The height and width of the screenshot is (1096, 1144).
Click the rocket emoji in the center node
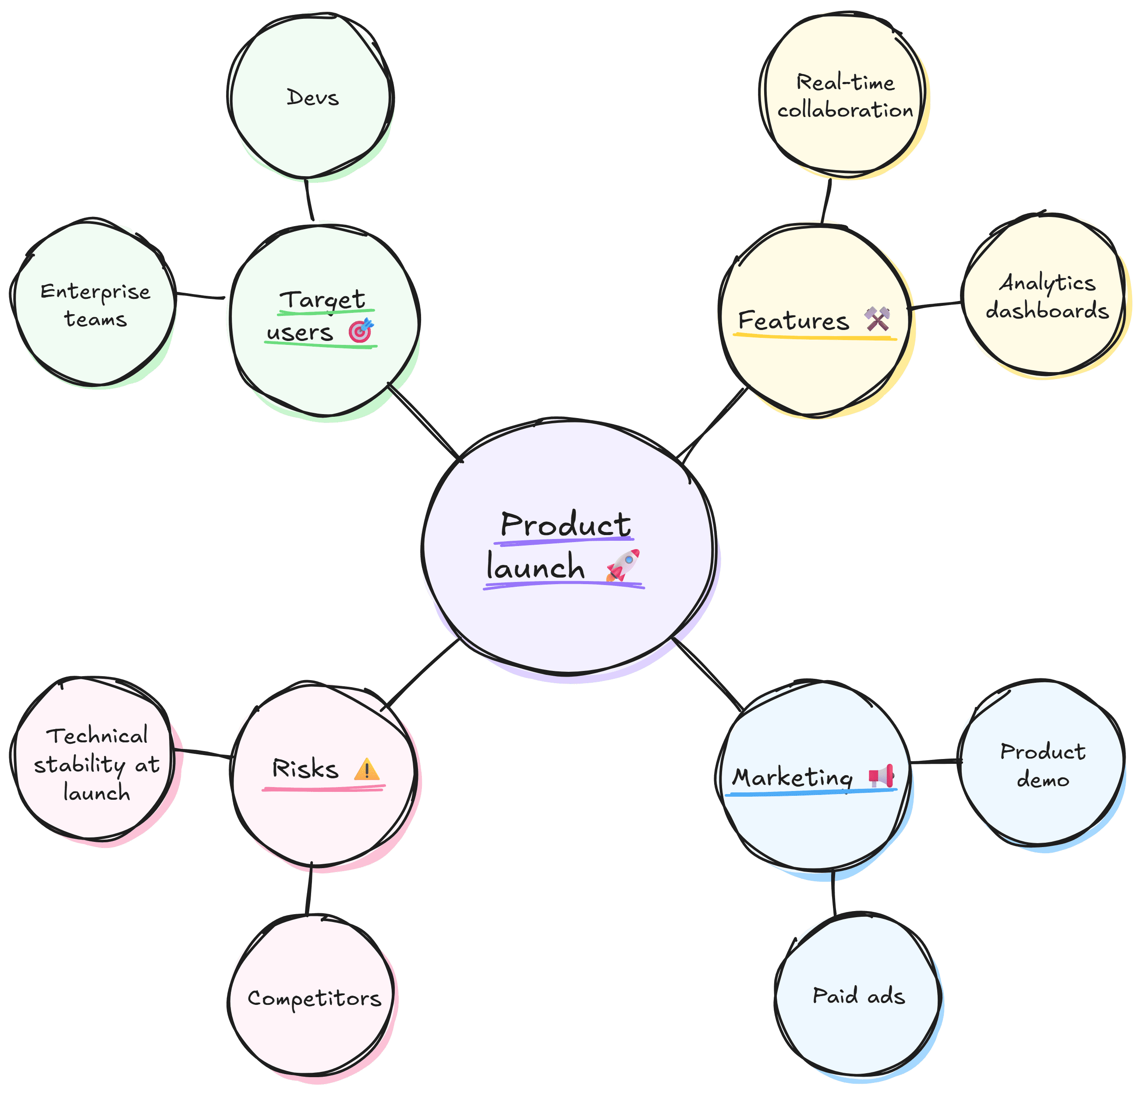[623, 564]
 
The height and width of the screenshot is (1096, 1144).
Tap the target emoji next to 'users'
[361, 330]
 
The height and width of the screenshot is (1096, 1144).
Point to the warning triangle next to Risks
[367, 770]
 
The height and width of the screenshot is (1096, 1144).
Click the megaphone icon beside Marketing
[881, 776]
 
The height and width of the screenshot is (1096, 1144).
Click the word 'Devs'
[313, 98]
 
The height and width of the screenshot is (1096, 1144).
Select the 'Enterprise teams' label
[95, 305]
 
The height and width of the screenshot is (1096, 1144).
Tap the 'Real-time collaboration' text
[845, 96]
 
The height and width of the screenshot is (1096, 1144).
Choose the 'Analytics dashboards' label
[1047, 297]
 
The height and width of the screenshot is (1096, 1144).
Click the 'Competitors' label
[314, 998]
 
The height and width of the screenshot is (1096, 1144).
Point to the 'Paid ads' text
[859, 996]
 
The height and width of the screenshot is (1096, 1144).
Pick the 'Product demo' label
[1043, 765]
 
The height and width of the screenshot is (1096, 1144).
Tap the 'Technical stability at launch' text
[96, 764]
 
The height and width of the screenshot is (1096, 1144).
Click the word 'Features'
[793, 321]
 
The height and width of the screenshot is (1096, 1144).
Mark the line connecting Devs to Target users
[309, 200]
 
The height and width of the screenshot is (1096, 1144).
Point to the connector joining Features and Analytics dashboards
[935, 305]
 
